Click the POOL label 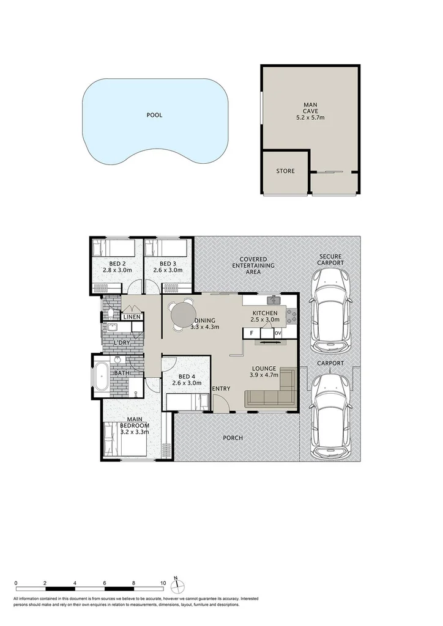(x=154, y=114)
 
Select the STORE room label (x=285, y=171)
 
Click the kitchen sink (x=274, y=301)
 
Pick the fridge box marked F (x=251, y=333)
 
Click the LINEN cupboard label (x=132, y=317)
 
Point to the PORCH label (x=233, y=438)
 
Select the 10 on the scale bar (x=163, y=583)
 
